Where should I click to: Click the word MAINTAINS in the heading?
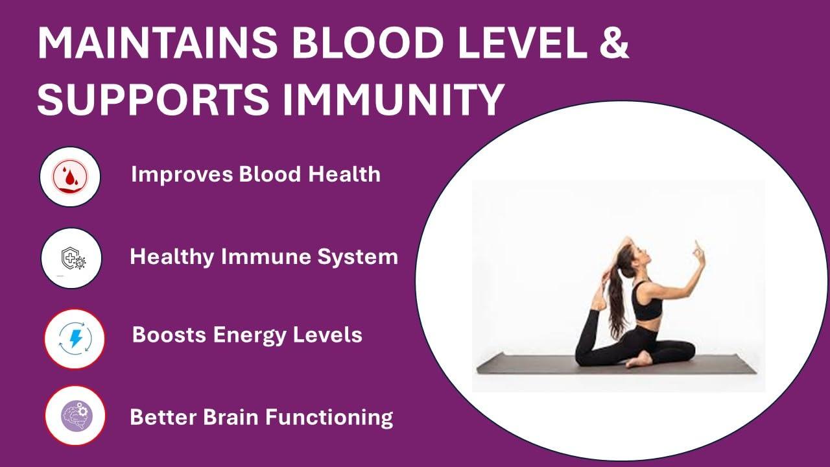[158, 43]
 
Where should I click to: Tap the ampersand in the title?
[614, 43]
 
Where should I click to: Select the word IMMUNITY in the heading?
[393, 99]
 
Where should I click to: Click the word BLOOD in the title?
[367, 43]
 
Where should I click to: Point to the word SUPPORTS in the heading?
[153, 99]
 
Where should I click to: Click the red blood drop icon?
[70, 176]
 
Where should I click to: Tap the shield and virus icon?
[73, 257]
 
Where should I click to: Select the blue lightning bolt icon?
[76, 339]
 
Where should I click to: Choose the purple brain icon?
[77, 416]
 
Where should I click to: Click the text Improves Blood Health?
[255, 174]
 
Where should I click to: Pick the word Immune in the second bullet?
[266, 256]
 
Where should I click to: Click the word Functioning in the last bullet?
[329, 418]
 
